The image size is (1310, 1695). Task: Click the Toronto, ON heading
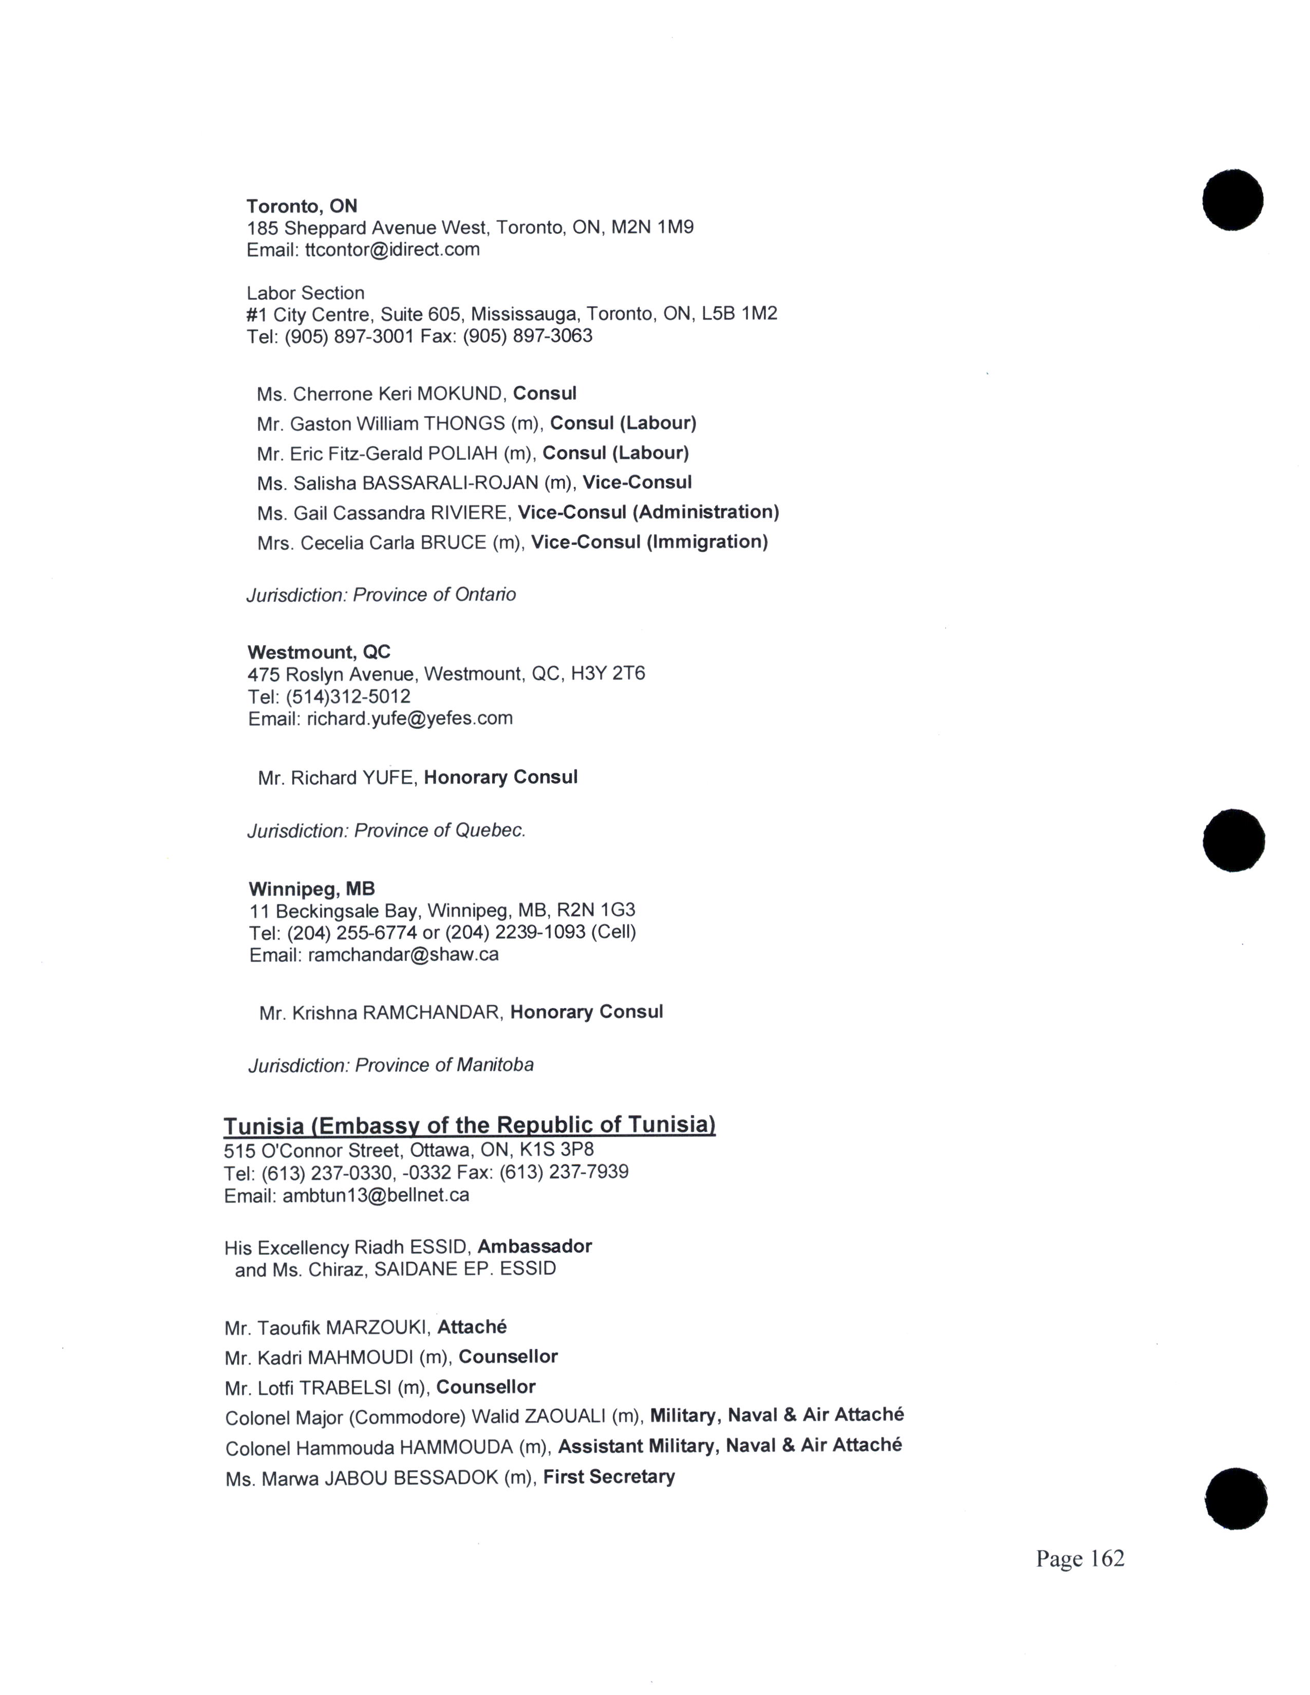pos(302,206)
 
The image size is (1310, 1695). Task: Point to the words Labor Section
pos(305,293)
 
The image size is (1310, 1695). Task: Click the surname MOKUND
pos(461,394)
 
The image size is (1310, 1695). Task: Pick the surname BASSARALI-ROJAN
pos(450,483)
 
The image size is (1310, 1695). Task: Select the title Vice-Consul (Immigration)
pos(649,542)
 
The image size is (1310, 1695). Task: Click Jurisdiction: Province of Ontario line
pos(381,595)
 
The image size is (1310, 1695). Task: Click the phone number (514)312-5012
pos(348,697)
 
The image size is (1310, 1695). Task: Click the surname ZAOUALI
pos(565,1417)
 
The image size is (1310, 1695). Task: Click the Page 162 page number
pos(1079,1559)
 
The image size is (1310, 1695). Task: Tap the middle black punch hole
pos(1233,840)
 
